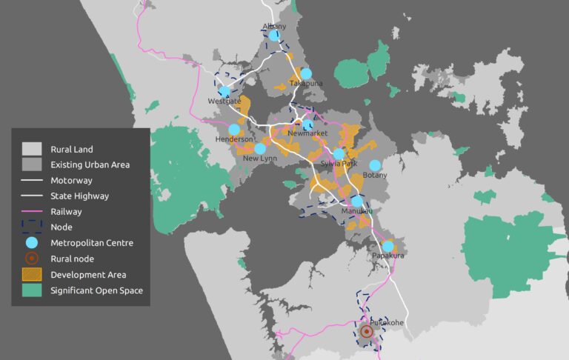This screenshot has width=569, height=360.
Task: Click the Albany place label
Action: (274, 27)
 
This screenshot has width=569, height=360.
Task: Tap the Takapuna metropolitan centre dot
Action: (306, 74)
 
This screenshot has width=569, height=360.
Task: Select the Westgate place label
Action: (224, 101)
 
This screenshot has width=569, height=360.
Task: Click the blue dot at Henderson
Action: (234, 130)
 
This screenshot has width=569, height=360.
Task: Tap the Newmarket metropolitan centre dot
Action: (308, 124)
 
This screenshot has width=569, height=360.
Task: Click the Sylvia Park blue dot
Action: (339, 154)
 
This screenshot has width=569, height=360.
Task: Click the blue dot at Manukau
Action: (357, 201)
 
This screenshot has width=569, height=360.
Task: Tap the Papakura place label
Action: (387, 256)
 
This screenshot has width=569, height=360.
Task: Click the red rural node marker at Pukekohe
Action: (366, 333)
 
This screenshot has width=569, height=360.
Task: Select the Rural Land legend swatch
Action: (31, 149)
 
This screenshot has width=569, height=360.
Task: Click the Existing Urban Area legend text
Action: (90, 164)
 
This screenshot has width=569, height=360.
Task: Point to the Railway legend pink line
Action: (31, 211)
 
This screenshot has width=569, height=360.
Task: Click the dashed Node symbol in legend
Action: (31, 227)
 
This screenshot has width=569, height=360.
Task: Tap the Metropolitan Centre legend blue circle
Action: (31, 243)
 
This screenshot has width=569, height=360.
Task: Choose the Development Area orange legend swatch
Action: (31, 275)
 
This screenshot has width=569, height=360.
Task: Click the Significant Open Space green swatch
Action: (31, 290)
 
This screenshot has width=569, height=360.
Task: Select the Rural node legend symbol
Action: (31, 259)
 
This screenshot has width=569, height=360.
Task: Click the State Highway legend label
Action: (79, 196)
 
